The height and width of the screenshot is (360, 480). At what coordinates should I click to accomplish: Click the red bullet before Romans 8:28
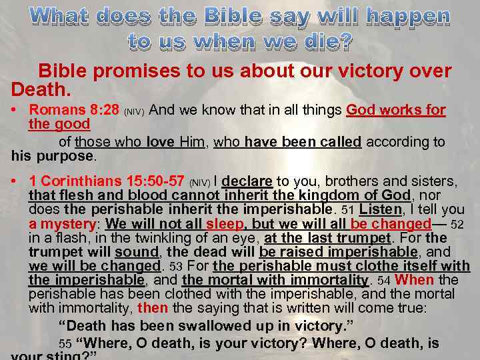pos(15,110)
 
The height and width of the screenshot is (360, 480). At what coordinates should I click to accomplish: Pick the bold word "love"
pos(160,141)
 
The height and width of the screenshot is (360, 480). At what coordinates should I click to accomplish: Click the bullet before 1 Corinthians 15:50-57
pos(15,181)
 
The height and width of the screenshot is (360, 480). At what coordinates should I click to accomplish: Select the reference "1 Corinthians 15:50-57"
pos(107,181)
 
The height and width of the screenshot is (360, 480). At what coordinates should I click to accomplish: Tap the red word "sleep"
pos(225,224)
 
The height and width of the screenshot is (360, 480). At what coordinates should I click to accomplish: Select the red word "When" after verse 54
pos(418,280)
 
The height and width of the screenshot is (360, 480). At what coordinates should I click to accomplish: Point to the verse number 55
pos(65,344)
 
